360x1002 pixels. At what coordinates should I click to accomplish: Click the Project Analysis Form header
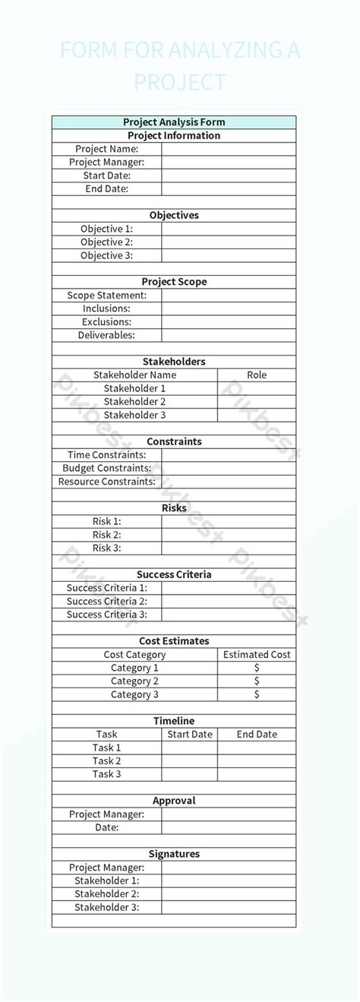click(174, 122)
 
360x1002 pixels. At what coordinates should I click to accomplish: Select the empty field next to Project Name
click(229, 149)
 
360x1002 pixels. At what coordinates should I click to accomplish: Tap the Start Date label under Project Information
click(106, 175)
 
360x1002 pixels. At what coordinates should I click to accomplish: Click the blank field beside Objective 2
click(229, 242)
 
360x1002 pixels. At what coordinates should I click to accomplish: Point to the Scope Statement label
click(106, 296)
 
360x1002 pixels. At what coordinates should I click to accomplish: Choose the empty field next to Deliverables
click(229, 335)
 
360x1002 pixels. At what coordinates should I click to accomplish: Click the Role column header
click(257, 375)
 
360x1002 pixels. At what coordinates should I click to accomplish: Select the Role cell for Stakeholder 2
click(257, 402)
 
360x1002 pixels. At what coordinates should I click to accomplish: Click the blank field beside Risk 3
click(229, 548)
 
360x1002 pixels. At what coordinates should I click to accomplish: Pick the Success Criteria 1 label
click(106, 588)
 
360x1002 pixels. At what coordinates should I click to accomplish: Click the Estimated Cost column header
click(257, 655)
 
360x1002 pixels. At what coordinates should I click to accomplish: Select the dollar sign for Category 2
click(257, 681)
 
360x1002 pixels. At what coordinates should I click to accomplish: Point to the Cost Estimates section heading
click(174, 641)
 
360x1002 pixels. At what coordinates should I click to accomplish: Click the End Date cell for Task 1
click(257, 748)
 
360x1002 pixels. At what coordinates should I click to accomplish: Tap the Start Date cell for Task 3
click(190, 774)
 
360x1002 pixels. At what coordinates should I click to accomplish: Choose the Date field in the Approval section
click(229, 827)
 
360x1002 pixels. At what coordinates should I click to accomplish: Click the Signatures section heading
click(174, 854)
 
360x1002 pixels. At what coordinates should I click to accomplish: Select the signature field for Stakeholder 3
click(229, 907)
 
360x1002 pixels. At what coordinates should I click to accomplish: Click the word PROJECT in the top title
click(180, 82)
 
